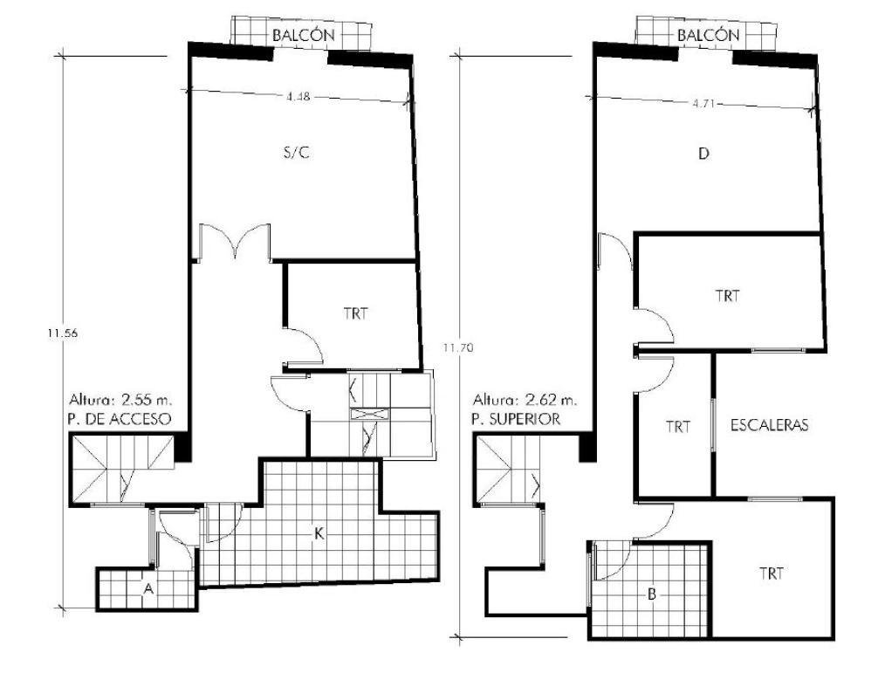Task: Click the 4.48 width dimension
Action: point(298,97)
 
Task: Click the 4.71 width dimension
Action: point(703,104)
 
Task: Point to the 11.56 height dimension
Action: point(63,334)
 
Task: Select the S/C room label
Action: point(297,153)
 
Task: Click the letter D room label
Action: point(703,154)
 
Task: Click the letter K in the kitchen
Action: point(319,533)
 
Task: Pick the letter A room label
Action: point(148,589)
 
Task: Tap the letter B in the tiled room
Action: point(652,595)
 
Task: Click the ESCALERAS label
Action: point(769,425)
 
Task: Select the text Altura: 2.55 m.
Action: point(120,399)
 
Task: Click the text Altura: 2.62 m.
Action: point(524,400)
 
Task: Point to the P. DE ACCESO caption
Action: point(119,419)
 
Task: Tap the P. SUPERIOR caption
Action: point(516,419)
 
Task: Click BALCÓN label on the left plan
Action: point(303,35)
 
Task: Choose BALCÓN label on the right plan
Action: point(708,35)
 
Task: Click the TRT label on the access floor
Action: point(355,313)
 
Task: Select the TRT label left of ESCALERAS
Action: point(678,426)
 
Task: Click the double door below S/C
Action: point(235,242)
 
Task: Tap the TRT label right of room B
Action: point(772,573)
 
